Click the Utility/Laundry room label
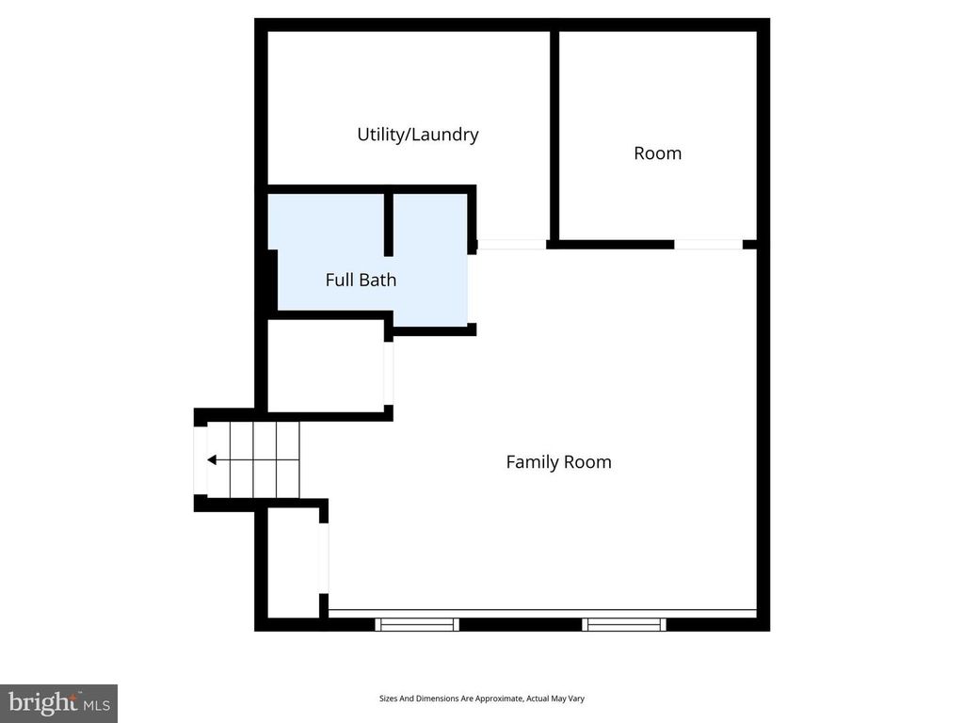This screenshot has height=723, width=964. click(417, 135)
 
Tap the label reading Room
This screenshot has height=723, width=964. click(657, 153)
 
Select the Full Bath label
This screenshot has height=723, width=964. click(361, 280)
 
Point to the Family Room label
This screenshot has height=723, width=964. click(558, 462)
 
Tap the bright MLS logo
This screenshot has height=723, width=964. click(58, 702)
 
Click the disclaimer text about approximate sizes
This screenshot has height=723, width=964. click(482, 699)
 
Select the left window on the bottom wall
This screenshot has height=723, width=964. click(417, 624)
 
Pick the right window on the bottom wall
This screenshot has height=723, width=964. click(624, 624)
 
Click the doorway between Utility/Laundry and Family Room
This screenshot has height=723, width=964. click(511, 245)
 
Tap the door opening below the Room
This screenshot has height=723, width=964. click(708, 245)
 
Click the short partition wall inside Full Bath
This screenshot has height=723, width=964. click(388, 224)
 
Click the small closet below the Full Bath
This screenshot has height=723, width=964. click(325, 366)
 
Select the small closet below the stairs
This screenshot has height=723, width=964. click(293, 563)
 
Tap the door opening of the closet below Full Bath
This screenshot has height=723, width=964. click(388, 373)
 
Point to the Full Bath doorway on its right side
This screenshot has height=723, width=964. click(470, 288)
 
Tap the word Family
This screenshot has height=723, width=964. click(533, 462)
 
